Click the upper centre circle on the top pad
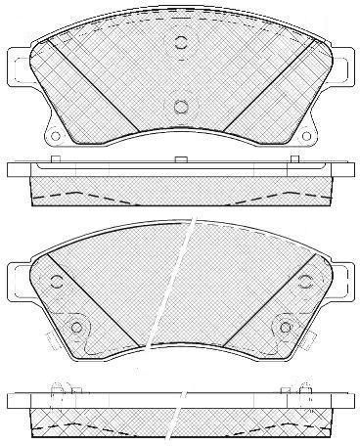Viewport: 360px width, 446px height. [x=180, y=42]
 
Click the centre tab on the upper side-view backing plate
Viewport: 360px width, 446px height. [x=180, y=158]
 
